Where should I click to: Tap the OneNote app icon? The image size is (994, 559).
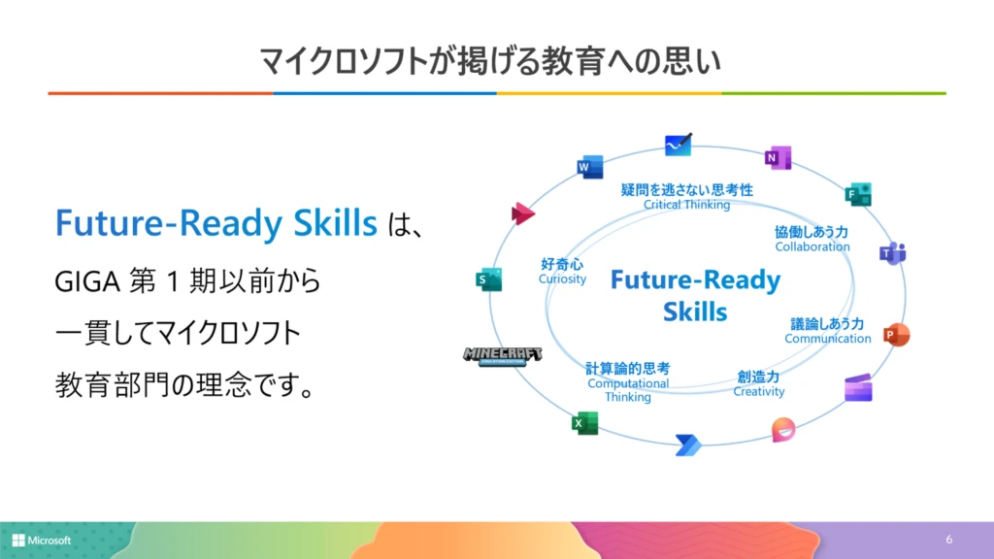(x=778, y=157)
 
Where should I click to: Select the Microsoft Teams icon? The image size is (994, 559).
(x=892, y=253)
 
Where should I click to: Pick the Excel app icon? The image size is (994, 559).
(x=584, y=423)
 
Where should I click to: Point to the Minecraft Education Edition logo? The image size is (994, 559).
(x=502, y=356)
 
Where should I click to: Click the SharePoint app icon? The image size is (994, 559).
(x=488, y=279)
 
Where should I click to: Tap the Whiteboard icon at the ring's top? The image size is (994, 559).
(x=679, y=145)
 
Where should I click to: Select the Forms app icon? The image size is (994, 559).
(x=858, y=194)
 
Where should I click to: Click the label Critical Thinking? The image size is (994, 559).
(x=686, y=205)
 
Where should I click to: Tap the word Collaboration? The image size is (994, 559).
(x=812, y=247)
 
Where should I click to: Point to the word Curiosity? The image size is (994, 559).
(x=563, y=279)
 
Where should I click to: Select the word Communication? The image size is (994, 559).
(x=828, y=339)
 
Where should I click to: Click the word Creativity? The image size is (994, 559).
(x=759, y=392)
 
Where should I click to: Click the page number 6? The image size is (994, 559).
(x=949, y=539)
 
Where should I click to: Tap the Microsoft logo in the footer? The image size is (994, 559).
(x=42, y=540)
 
